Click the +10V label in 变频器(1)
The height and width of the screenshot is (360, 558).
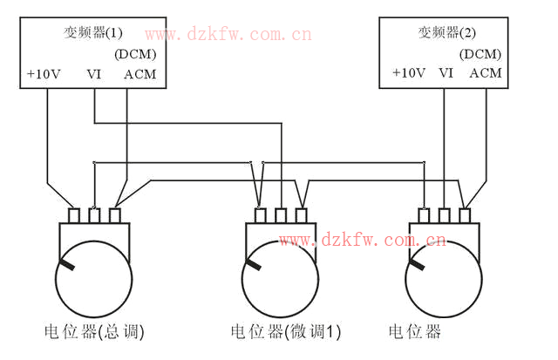43,74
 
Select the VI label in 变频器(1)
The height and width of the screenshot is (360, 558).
94,74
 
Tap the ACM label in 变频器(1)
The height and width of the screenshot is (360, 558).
139,74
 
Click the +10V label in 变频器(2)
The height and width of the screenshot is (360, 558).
409,73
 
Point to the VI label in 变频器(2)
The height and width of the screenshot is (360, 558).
446,73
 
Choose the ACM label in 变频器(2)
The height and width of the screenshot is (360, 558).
486,73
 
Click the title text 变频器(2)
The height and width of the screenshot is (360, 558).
446,32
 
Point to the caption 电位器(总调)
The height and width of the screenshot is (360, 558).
93,332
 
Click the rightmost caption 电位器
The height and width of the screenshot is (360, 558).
415,332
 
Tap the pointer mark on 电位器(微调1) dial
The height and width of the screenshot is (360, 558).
254,263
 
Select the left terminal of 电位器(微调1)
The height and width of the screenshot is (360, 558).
260,214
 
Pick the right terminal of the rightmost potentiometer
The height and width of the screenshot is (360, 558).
465,214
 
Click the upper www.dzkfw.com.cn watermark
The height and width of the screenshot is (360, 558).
228,35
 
